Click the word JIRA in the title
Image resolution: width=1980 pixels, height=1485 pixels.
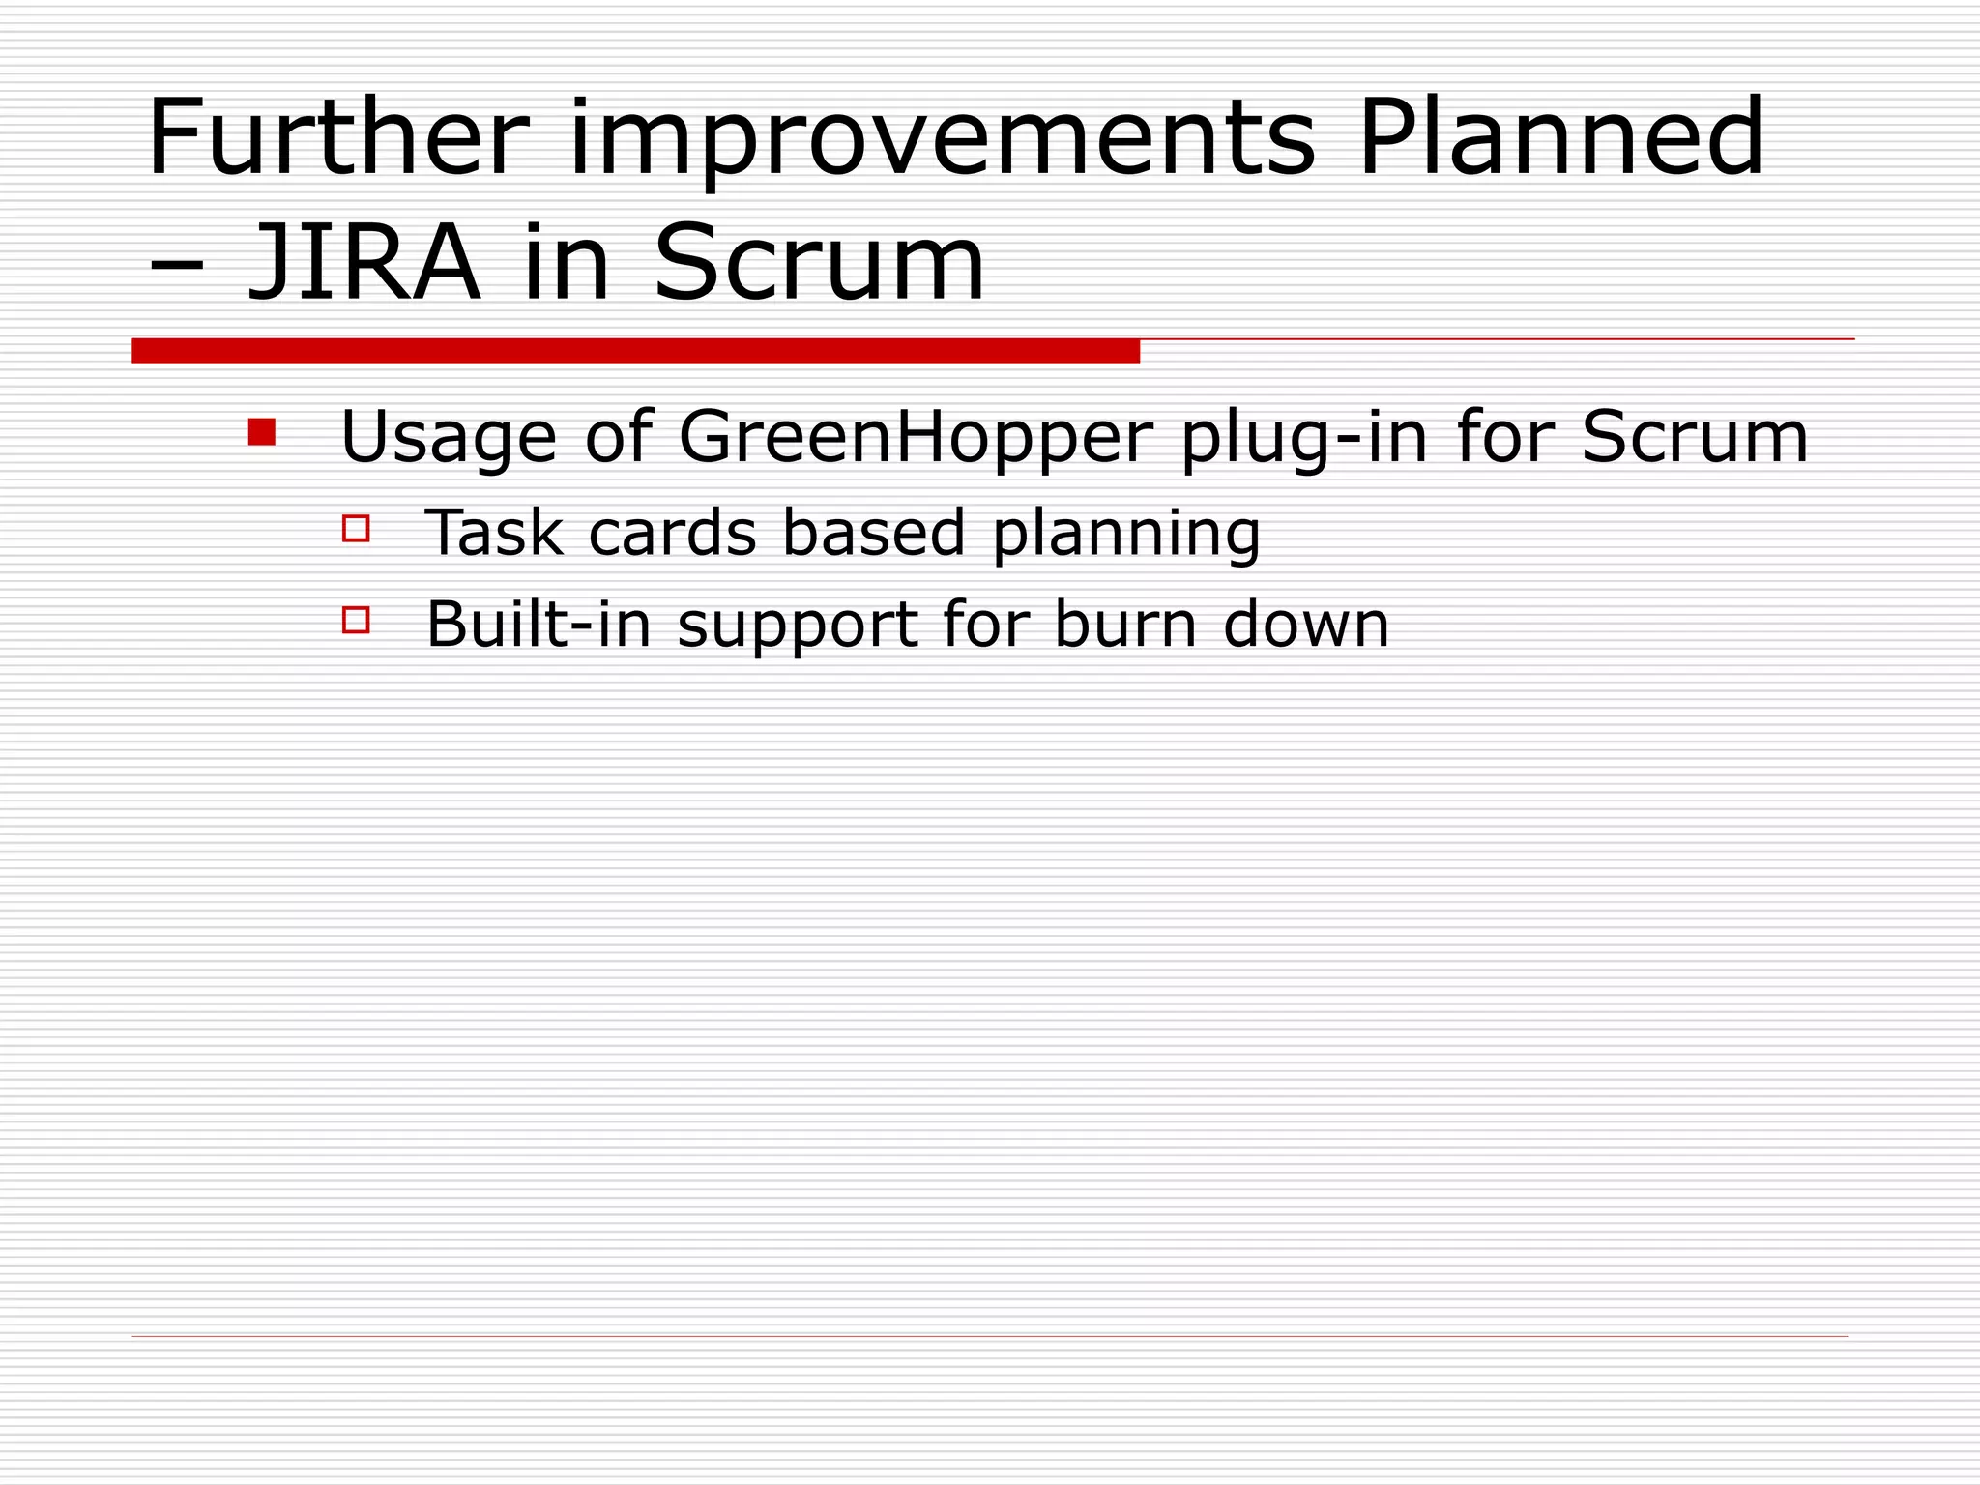[x=364, y=263]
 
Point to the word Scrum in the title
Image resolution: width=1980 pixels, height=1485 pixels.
[x=819, y=263]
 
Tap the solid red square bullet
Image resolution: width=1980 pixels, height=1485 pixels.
[x=261, y=431]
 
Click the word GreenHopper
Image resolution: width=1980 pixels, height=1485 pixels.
[x=916, y=437]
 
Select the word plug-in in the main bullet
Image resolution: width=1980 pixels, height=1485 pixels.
[x=1304, y=437]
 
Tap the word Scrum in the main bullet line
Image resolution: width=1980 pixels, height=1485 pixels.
[x=1694, y=437]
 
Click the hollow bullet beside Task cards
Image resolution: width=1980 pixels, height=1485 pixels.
[x=356, y=528]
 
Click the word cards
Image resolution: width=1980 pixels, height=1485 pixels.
[x=672, y=533]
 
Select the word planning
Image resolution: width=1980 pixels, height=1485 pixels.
[x=1126, y=533]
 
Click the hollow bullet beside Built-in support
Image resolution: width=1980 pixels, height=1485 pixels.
[x=356, y=619]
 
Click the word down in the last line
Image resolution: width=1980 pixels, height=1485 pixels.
[x=1306, y=625]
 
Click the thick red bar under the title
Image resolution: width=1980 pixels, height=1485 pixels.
[x=635, y=351]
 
